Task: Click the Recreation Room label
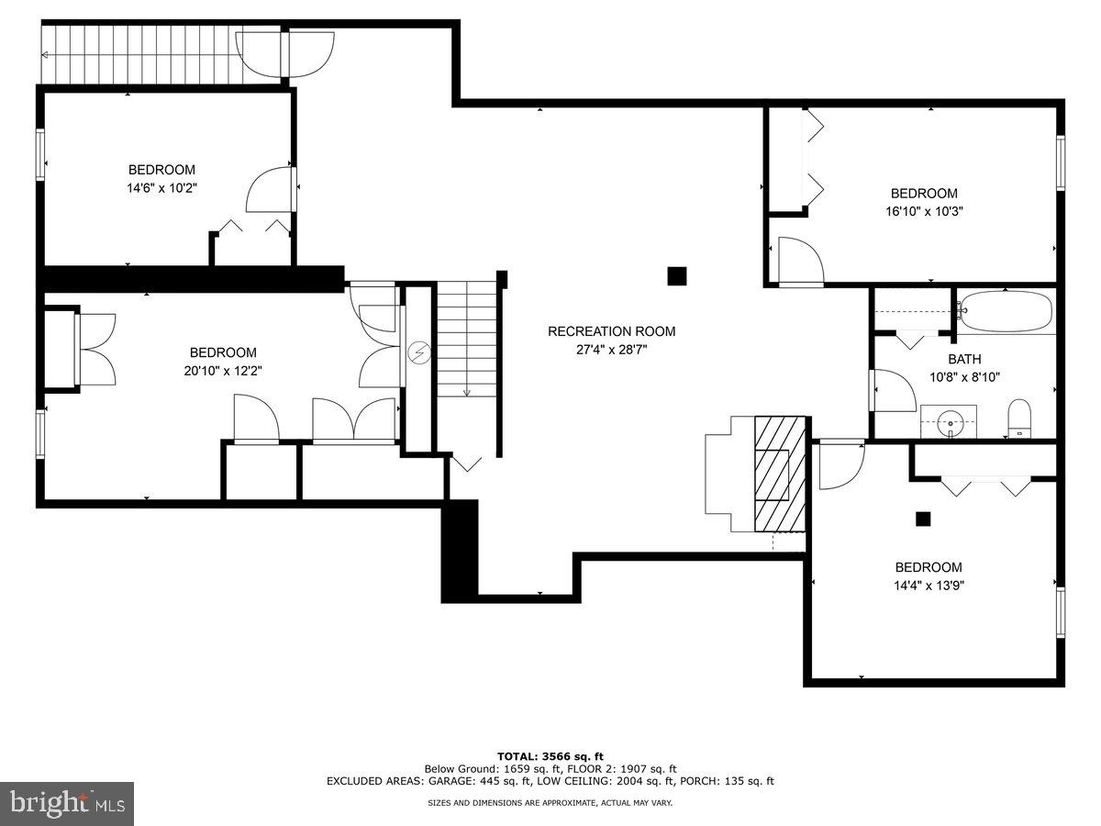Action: click(x=611, y=331)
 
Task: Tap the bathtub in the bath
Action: click(x=1006, y=312)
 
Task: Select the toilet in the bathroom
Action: click(x=1019, y=420)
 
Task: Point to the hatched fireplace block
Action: click(x=780, y=473)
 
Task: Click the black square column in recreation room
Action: click(x=677, y=275)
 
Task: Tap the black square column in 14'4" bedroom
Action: click(x=923, y=519)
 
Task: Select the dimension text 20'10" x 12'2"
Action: click(x=223, y=371)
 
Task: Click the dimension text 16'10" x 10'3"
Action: click(x=924, y=211)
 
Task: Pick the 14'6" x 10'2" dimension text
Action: click(x=161, y=188)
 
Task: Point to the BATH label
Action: click(x=964, y=359)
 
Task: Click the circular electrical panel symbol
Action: click(x=419, y=350)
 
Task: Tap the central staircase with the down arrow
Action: click(x=466, y=340)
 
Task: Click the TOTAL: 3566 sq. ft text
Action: click(x=550, y=755)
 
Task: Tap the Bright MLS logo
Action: click(x=67, y=804)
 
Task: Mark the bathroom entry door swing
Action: click(x=893, y=391)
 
